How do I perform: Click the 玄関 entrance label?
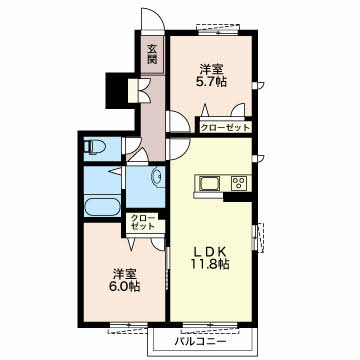coord(152,54)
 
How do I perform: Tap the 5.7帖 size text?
coord(211,81)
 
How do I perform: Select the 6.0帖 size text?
coord(125,286)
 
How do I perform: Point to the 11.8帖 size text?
coord(210,264)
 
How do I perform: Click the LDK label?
coord(210,251)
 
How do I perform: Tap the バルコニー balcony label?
coord(201,341)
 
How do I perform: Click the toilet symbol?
coord(94,146)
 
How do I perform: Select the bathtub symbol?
coord(102,207)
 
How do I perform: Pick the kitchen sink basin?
coord(209,183)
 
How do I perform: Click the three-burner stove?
coord(239,183)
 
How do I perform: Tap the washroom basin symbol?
coord(157,177)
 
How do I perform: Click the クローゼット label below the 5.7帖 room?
coord(225,127)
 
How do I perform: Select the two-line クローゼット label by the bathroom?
coord(143,222)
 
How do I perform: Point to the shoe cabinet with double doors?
coord(137,91)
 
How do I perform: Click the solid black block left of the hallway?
coord(117,90)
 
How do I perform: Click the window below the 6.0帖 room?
coord(128,327)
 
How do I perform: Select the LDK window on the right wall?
coord(258,237)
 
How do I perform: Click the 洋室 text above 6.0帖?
coord(125,274)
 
